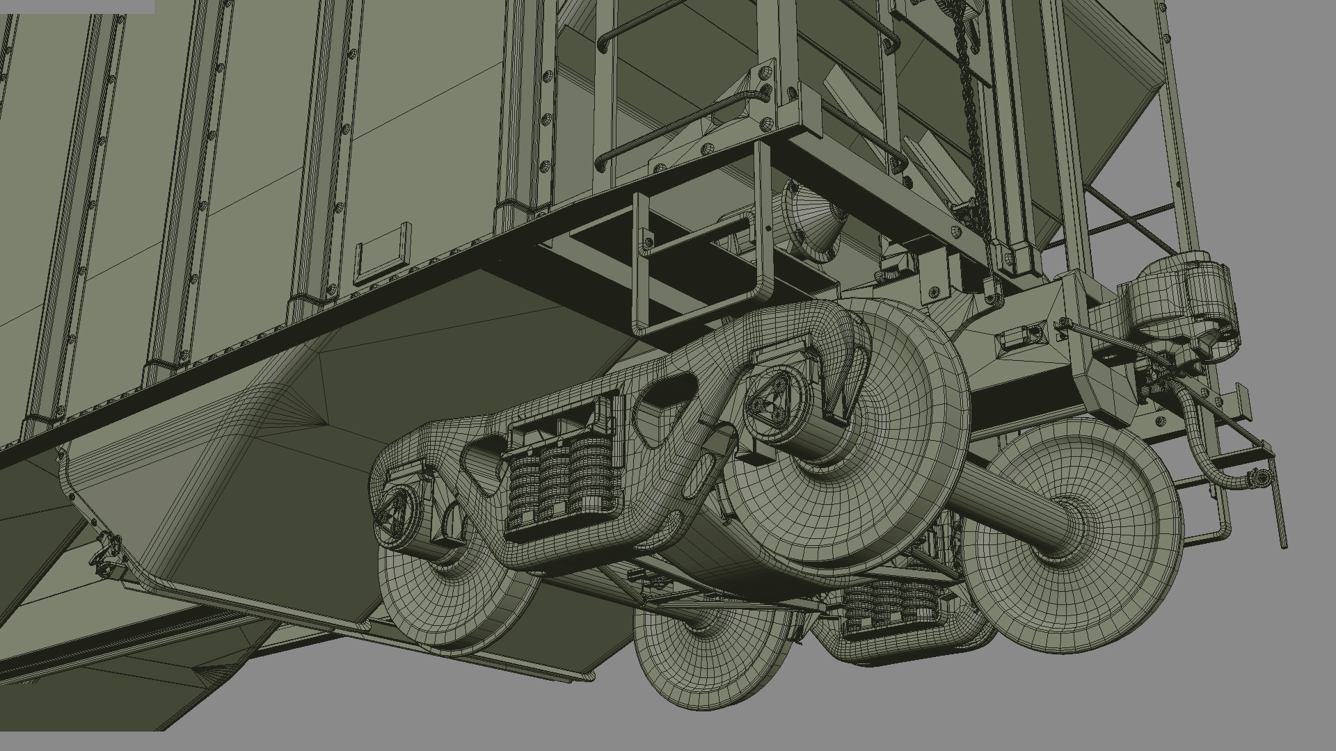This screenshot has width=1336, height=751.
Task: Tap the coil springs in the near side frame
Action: click(x=557, y=480)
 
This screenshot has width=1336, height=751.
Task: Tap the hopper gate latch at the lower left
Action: click(x=104, y=553)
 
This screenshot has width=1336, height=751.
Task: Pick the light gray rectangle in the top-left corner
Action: click(x=77, y=6)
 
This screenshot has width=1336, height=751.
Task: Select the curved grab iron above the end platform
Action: click(x=668, y=132)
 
